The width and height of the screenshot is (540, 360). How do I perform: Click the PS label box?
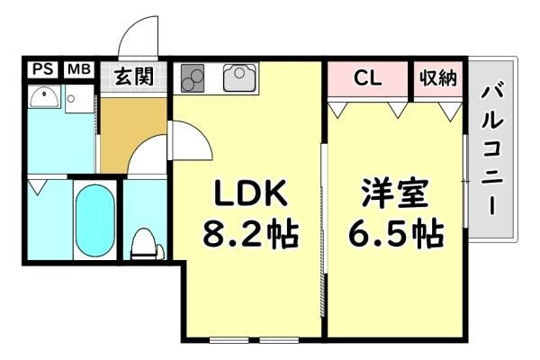pyautogui.click(x=43, y=69)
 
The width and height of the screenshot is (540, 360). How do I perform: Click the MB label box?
pyautogui.click(x=79, y=69)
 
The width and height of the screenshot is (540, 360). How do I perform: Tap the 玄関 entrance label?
pyautogui.click(x=134, y=76)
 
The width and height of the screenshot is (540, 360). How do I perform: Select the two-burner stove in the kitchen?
pyautogui.click(x=193, y=78)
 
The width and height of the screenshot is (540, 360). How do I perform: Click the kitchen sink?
pyautogui.click(x=240, y=77)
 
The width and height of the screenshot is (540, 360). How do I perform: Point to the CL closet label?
pyautogui.click(x=368, y=78)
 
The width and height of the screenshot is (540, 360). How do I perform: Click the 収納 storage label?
pyautogui.click(x=438, y=78)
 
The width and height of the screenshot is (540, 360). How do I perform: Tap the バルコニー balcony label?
pyautogui.click(x=492, y=150)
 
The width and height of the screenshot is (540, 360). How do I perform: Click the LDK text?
pyautogui.click(x=250, y=193)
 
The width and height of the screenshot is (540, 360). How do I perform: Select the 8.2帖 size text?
pyautogui.click(x=250, y=234)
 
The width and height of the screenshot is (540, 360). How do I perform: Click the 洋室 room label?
pyautogui.click(x=395, y=193)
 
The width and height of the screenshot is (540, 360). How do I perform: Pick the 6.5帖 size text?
pyautogui.click(x=396, y=233)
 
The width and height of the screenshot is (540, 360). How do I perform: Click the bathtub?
pyautogui.click(x=94, y=220)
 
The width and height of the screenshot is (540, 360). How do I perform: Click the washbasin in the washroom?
pyautogui.click(x=43, y=97)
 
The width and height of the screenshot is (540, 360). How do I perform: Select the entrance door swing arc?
pyautogui.click(x=138, y=36)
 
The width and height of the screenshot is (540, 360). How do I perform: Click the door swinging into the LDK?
pyautogui.click(x=191, y=139)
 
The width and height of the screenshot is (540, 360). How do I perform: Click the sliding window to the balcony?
pyautogui.click(x=465, y=181)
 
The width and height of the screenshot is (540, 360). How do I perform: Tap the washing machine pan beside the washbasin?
pyautogui.click(x=79, y=99)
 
